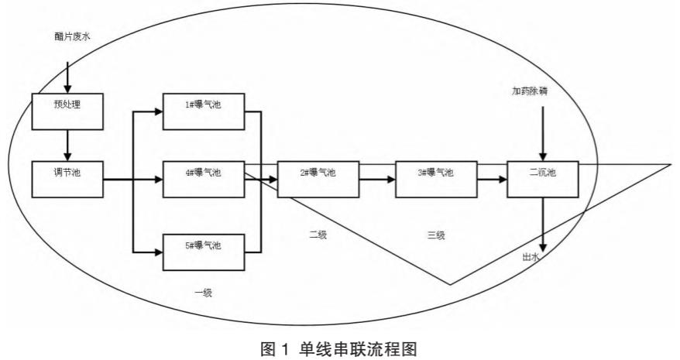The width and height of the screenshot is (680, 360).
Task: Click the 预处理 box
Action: point(68,111)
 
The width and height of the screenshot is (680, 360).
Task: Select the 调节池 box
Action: point(68,179)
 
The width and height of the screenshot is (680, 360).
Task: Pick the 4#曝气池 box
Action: point(204,179)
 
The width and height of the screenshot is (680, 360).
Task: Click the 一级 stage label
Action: point(204,293)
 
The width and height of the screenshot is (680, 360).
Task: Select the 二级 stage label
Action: point(318,235)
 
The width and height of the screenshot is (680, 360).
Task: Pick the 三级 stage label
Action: point(435,235)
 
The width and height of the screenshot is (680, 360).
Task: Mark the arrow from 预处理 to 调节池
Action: point(68,145)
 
